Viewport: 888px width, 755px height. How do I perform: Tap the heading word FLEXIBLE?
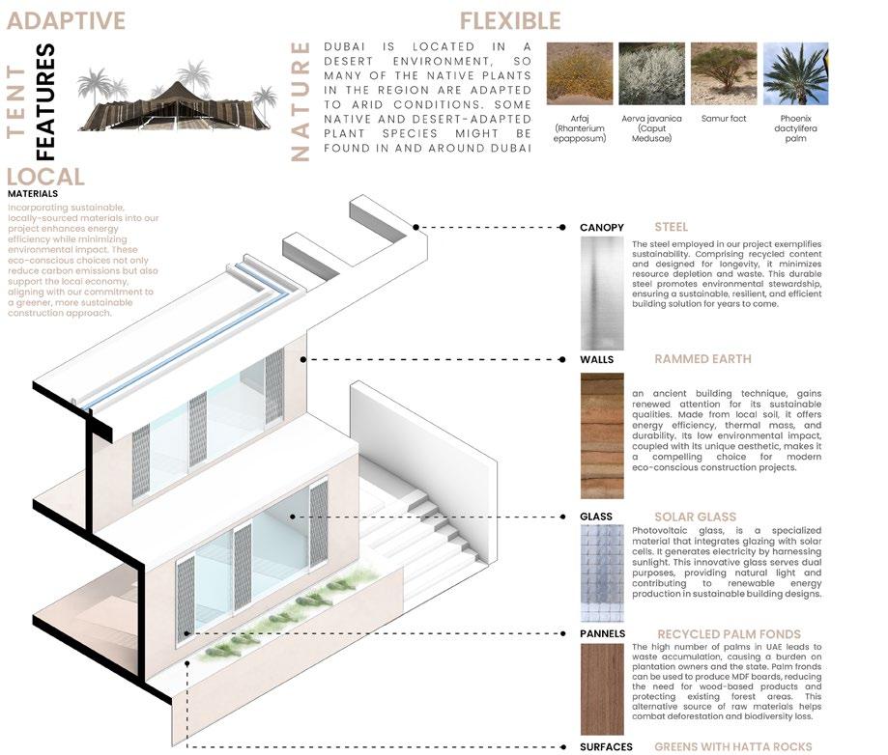509,20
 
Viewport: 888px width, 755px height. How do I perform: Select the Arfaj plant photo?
580,73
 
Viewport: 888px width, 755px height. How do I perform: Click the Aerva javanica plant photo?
651,73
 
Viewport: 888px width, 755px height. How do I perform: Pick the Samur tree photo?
723,73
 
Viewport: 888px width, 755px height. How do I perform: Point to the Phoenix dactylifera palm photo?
795,73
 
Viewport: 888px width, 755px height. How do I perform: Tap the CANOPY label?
602,228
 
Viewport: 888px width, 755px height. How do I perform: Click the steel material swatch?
602,293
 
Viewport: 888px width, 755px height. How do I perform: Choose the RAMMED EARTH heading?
702,359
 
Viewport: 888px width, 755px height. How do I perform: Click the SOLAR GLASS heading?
695,517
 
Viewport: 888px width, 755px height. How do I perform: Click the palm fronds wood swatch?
602,688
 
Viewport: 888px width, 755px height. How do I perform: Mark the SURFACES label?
606,746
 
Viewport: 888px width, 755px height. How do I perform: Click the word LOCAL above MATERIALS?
45,177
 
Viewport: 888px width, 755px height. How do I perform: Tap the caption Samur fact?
723,119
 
